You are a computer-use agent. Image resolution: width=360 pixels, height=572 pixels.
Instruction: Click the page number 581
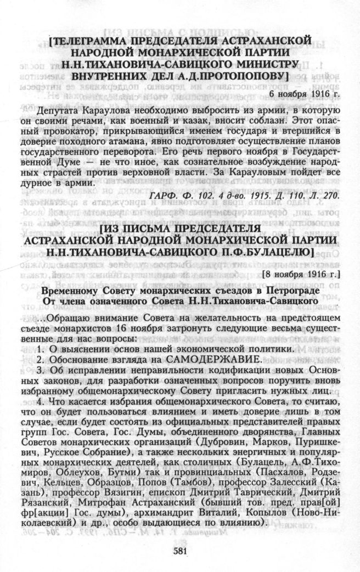(181, 552)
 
